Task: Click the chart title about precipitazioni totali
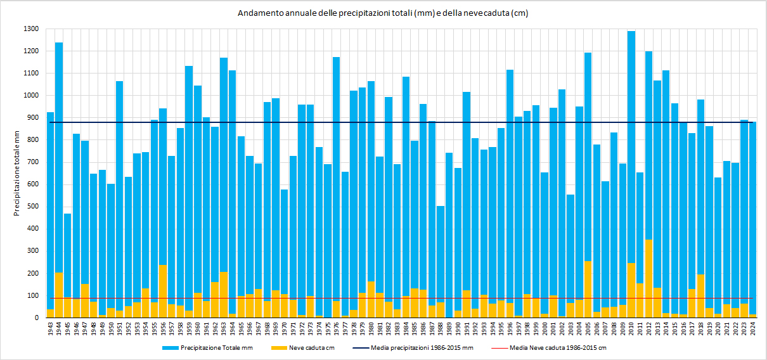[383, 13]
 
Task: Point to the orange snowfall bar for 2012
[648, 279]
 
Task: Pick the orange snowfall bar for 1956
[163, 292]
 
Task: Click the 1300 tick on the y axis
[30, 29]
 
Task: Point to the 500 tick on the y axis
[32, 207]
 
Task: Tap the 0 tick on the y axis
[38, 318]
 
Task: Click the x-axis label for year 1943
[51, 330]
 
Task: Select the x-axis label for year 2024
[752, 330]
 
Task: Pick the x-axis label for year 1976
[337, 330]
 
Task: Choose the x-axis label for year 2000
[545, 330]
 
